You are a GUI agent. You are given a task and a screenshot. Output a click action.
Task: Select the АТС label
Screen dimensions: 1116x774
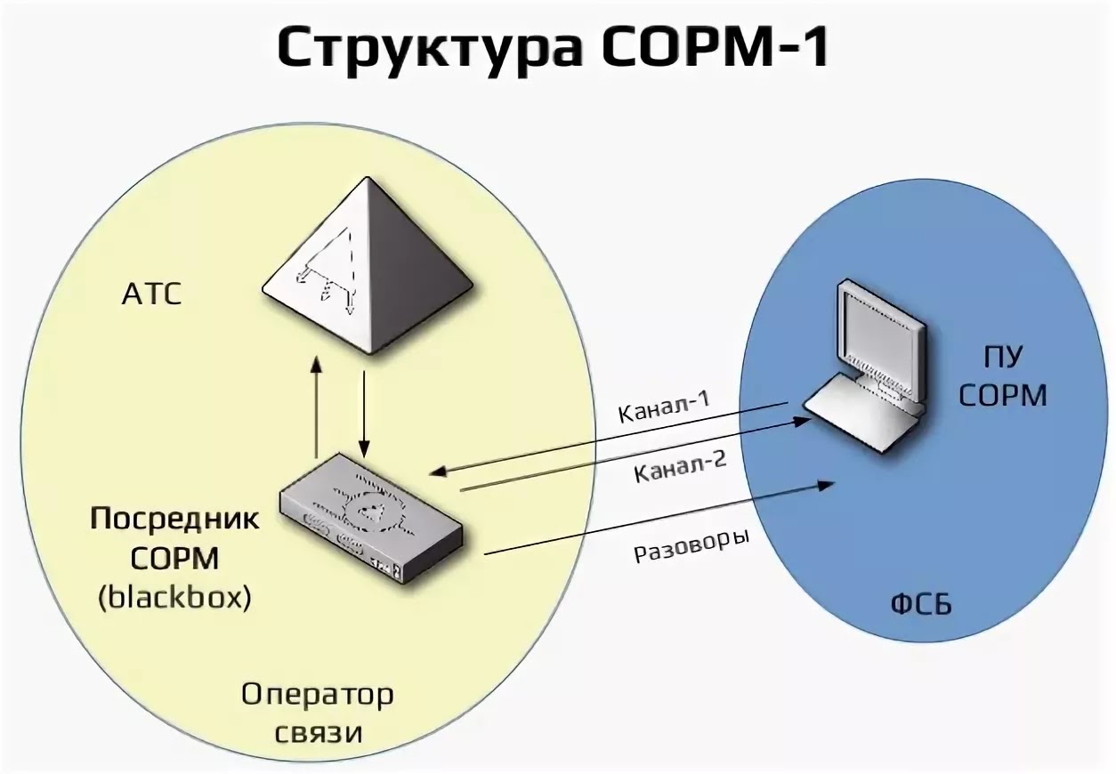pos(151,294)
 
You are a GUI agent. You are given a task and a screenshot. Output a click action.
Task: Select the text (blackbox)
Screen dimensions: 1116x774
pos(174,598)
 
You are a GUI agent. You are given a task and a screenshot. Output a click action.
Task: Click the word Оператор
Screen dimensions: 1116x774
pos(317,695)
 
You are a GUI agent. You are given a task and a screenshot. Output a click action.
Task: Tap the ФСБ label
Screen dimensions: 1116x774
pos(921,606)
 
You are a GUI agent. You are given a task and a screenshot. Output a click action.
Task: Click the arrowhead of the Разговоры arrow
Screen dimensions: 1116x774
pos(827,485)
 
